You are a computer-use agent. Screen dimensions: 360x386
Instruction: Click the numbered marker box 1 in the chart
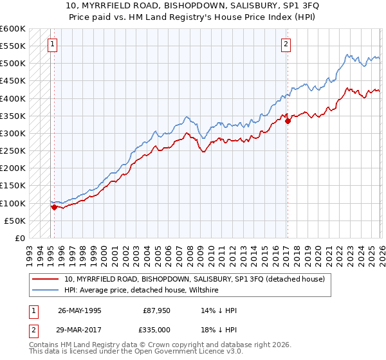point(52,44)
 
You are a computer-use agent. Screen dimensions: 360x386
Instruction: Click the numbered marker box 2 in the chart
point(286,44)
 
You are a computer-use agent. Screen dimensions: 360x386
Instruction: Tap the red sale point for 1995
point(54,207)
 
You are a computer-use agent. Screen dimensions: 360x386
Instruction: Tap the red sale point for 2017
point(288,121)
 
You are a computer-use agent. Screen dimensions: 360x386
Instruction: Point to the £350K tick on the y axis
point(13,116)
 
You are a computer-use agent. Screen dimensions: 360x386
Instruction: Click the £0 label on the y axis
point(21,239)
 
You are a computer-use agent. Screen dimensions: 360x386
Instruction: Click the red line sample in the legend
point(46,279)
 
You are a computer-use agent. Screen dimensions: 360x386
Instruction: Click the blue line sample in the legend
point(46,290)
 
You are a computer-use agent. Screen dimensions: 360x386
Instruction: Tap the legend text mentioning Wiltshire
point(142,290)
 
